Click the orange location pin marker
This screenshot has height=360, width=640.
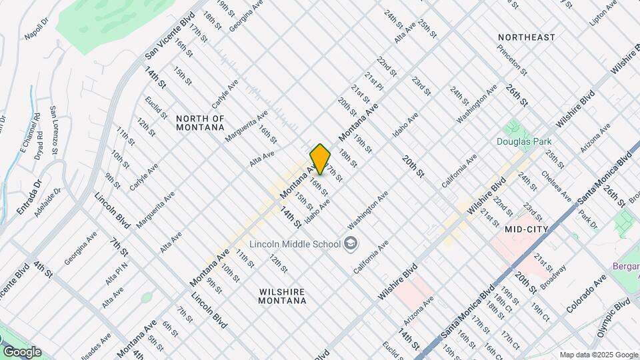[320, 159]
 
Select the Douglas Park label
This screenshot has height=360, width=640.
[523, 141]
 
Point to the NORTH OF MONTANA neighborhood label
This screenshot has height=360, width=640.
[200, 122]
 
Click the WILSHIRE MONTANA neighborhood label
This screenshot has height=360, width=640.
[282, 296]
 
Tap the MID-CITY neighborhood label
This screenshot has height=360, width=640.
[527, 229]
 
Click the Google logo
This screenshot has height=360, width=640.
[22, 351]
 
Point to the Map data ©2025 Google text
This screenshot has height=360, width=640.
[598, 355]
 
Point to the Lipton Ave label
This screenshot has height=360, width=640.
[603, 14]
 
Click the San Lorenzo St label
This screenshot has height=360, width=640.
[57, 127]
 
